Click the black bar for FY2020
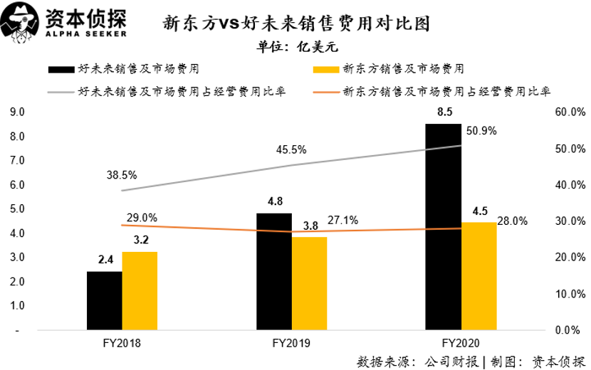click(444, 228)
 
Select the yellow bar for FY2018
click(140, 291)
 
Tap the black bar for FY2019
click(274, 272)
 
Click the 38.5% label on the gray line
click(122, 174)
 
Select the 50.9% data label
click(481, 131)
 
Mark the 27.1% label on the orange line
click(342, 221)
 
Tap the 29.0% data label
click(142, 218)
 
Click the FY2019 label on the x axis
click(291, 343)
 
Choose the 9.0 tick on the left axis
click(17, 112)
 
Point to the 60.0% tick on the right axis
click(569, 112)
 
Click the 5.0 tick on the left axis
click(17, 209)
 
